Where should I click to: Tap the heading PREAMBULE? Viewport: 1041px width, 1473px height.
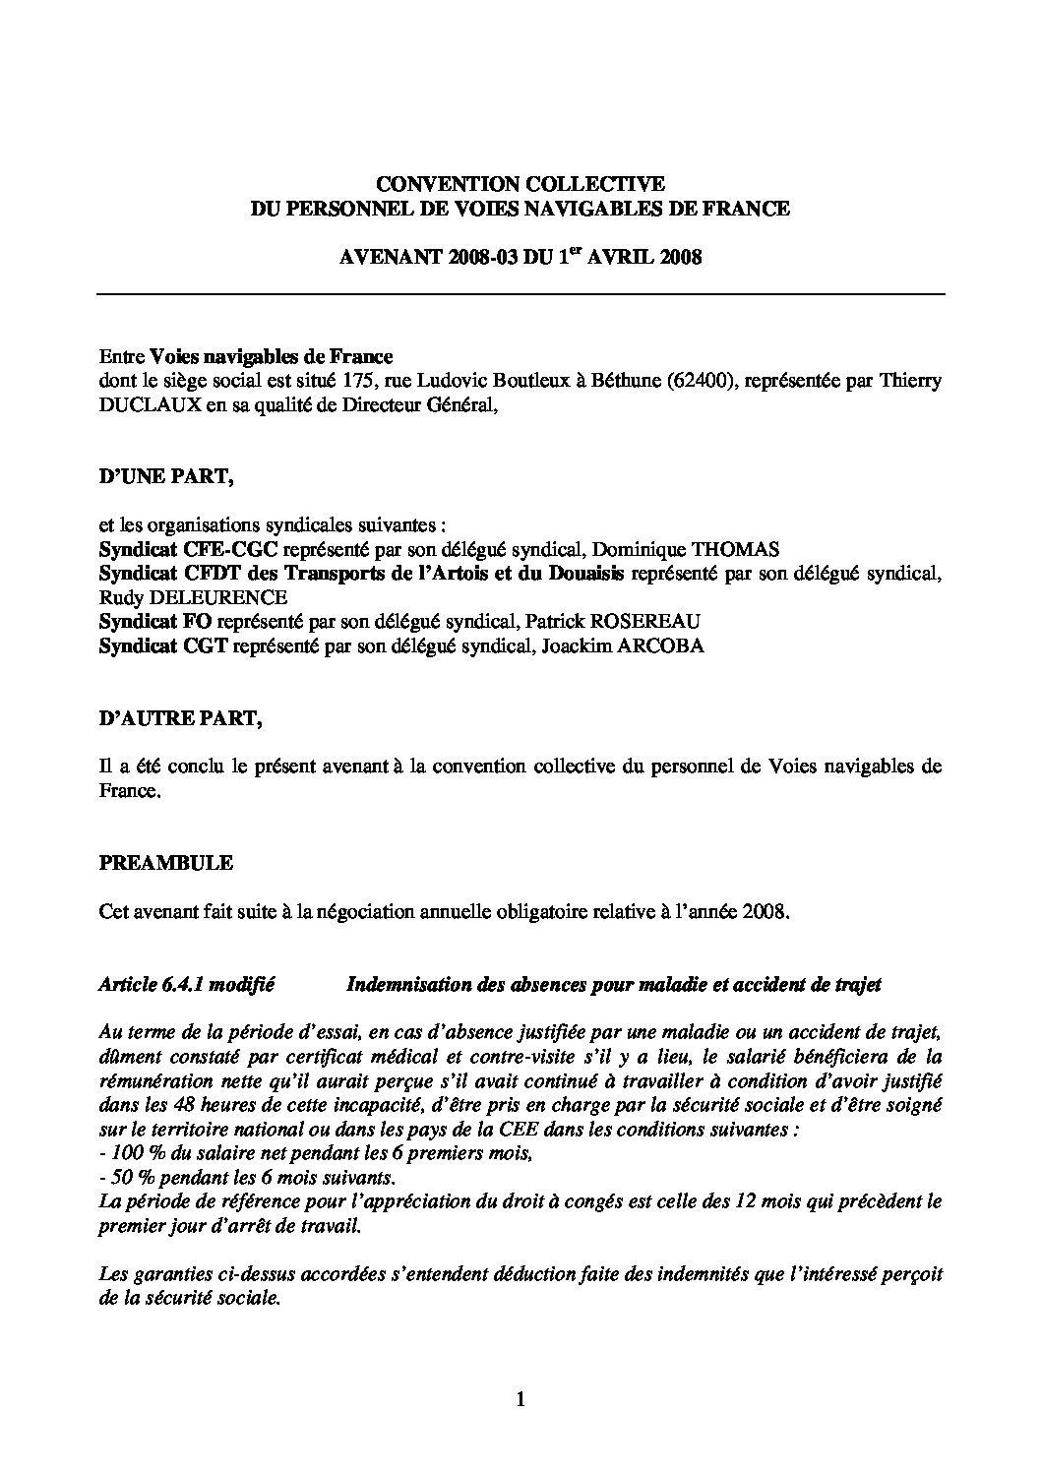pyautogui.click(x=166, y=863)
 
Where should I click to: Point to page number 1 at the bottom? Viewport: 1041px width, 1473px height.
pyautogui.click(x=520, y=1400)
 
